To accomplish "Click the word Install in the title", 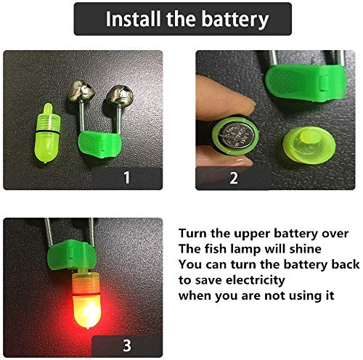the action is coord(134,19).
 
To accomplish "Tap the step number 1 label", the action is coord(126,177).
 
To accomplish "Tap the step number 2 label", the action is coord(234,178).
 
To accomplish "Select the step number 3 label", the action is coord(127,345).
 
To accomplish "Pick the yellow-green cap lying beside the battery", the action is coord(309,145).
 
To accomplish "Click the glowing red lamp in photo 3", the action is coord(86,299).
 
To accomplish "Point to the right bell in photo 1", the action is coord(120,95).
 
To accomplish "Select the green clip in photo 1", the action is coord(99,144).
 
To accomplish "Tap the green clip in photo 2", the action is coord(306,82).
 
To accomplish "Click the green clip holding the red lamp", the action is coord(72,255).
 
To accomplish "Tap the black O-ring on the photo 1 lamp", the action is coord(48,131).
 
